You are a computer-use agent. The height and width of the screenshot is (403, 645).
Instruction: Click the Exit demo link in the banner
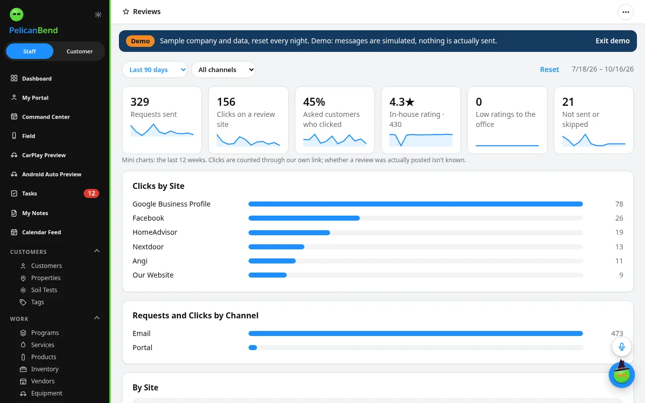(x=612, y=41)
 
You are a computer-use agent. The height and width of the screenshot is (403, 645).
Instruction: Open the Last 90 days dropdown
(x=155, y=70)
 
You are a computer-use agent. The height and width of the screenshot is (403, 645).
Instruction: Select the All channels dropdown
(x=223, y=70)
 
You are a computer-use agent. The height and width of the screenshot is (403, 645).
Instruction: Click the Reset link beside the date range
(x=549, y=70)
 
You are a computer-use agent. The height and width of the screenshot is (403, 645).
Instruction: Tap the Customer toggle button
(x=80, y=51)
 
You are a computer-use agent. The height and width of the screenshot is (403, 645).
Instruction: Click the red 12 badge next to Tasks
(x=91, y=193)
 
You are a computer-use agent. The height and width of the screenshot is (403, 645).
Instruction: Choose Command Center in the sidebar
(x=46, y=117)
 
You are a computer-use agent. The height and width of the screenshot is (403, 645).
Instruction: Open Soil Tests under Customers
(x=44, y=290)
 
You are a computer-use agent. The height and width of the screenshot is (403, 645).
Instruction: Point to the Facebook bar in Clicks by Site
(x=304, y=218)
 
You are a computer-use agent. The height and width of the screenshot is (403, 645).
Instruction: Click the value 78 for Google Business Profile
(x=619, y=204)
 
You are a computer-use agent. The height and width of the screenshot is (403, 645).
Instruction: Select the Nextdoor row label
(x=148, y=247)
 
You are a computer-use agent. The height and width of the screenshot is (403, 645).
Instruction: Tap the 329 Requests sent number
(x=140, y=102)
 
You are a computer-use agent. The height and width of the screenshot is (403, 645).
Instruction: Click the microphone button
(x=622, y=347)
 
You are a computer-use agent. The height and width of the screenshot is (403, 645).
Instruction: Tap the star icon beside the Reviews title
(x=126, y=12)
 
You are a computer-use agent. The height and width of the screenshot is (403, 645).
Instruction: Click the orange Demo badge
(x=140, y=41)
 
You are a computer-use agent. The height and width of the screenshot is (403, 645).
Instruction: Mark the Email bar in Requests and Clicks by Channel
(x=416, y=333)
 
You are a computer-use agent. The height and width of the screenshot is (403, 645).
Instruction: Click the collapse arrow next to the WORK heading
(x=97, y=318)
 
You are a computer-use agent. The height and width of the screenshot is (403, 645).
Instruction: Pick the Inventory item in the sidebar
(x=45, y=369)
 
